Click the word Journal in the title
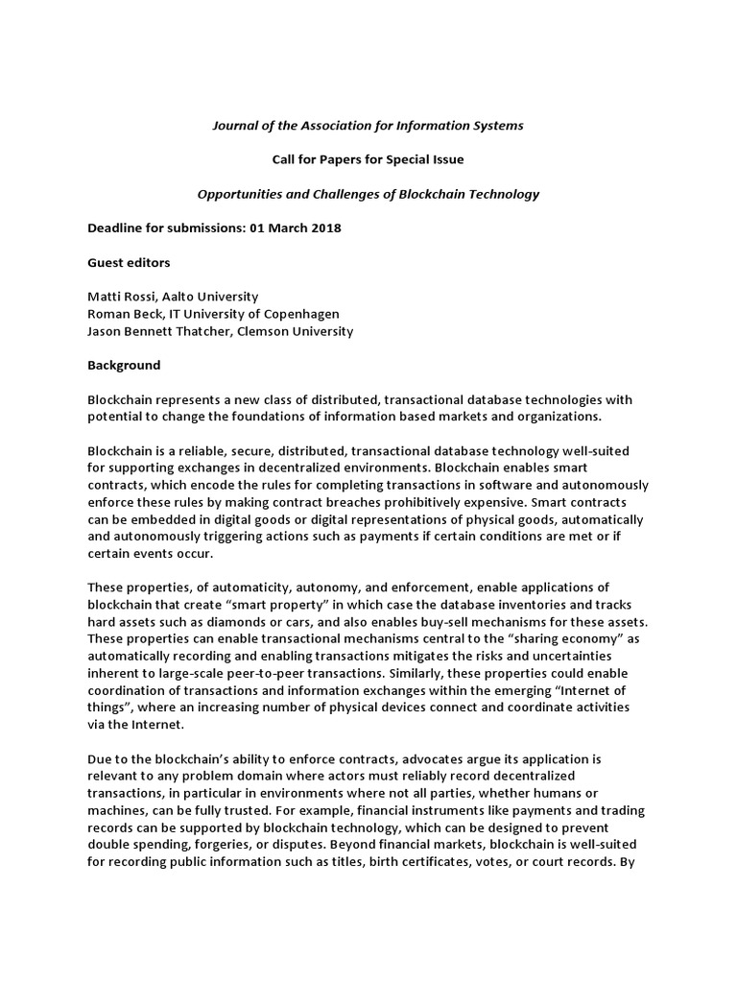(235, 125)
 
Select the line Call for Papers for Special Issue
(368, 159)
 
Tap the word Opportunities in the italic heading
(240, 194)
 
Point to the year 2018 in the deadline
(324, 228)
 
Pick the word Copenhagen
(304, 314)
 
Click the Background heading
(125, 366)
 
